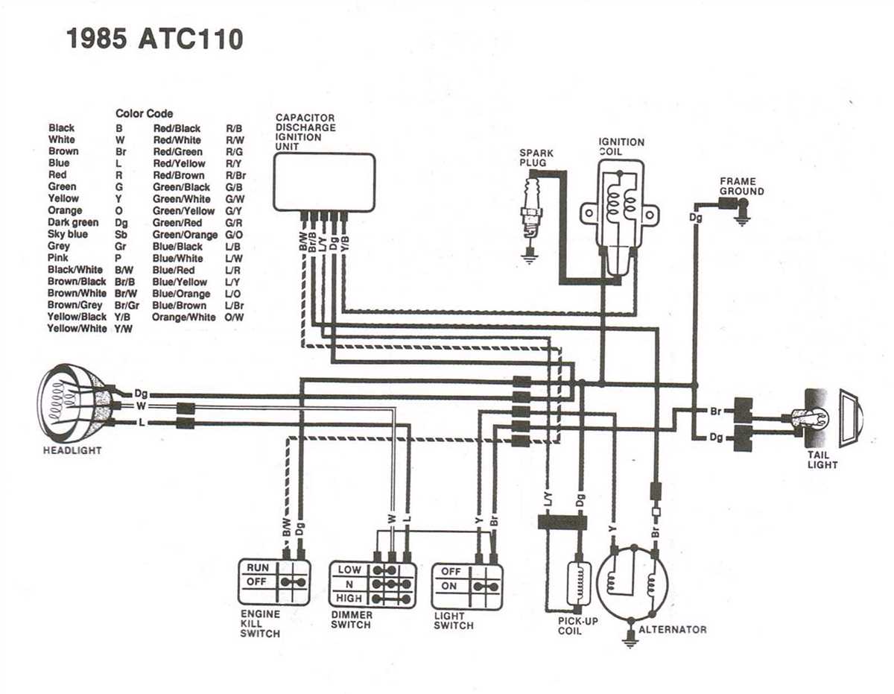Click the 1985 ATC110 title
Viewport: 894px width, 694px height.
tap(155, 38)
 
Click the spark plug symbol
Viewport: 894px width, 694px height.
tap(530, 212)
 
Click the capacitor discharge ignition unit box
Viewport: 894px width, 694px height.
tap(323, 182)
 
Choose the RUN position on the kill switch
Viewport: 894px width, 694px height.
tap(258, 567)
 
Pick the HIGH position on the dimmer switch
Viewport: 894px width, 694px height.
tap(349, 599)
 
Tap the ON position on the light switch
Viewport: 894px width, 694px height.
tap(449, 586)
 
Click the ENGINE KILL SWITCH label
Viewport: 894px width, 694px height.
tap(260, 624)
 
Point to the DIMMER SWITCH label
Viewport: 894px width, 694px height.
tap(351, 619)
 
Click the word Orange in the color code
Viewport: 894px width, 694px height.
tap(65, 211)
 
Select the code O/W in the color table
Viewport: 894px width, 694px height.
tap(235, 317)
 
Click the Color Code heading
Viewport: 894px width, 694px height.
tap(144, 113)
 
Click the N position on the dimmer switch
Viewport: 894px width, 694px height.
tap(349, 584)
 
